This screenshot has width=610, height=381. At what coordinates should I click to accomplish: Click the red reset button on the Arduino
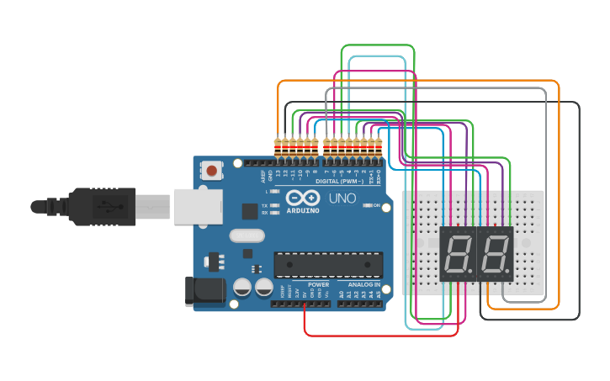coord(212,171)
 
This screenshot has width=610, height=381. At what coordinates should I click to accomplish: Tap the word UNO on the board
coord(342,198)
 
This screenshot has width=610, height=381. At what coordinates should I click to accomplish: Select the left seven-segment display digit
coord(459,253)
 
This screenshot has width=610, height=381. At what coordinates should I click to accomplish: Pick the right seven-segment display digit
coord(495,253)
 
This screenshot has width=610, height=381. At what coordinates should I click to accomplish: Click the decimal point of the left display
coord(473,271)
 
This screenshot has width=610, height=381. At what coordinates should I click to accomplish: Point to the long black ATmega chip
coord(328,263)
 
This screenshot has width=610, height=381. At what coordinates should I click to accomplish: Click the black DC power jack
coord(204,291)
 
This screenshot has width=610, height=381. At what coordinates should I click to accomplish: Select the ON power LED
coord(365,205)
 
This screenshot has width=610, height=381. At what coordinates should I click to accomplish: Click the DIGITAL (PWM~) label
coord(340,181)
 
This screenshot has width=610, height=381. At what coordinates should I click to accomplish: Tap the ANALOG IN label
coord(363,284)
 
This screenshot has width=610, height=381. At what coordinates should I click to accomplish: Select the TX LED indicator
coord(273,205)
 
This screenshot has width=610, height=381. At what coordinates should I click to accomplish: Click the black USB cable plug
coord(101,206)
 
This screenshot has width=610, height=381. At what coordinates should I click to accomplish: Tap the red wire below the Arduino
coord(379,336)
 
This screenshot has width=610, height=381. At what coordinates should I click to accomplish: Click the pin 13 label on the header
coord(278,172)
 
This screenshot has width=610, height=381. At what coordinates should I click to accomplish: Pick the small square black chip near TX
coord(250,211)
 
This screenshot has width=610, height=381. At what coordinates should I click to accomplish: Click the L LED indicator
coord(273,192)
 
